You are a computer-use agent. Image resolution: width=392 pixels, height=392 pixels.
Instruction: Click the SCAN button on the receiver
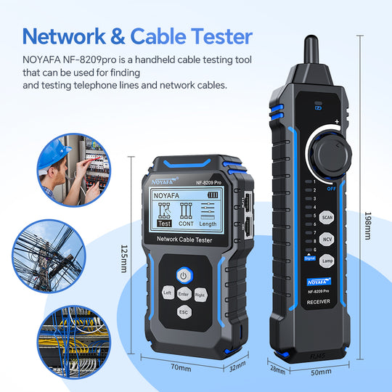coord(328,216)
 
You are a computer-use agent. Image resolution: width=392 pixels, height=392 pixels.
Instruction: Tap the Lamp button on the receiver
coord(328,261)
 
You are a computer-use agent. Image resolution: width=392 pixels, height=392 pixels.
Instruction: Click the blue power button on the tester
coord(184,275)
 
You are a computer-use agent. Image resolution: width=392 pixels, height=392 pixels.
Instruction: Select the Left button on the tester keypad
coord(167,293)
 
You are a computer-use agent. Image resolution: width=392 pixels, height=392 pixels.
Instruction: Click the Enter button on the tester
coord(184,293)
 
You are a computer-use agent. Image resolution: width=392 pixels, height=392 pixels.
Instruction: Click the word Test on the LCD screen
coord(164,225)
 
